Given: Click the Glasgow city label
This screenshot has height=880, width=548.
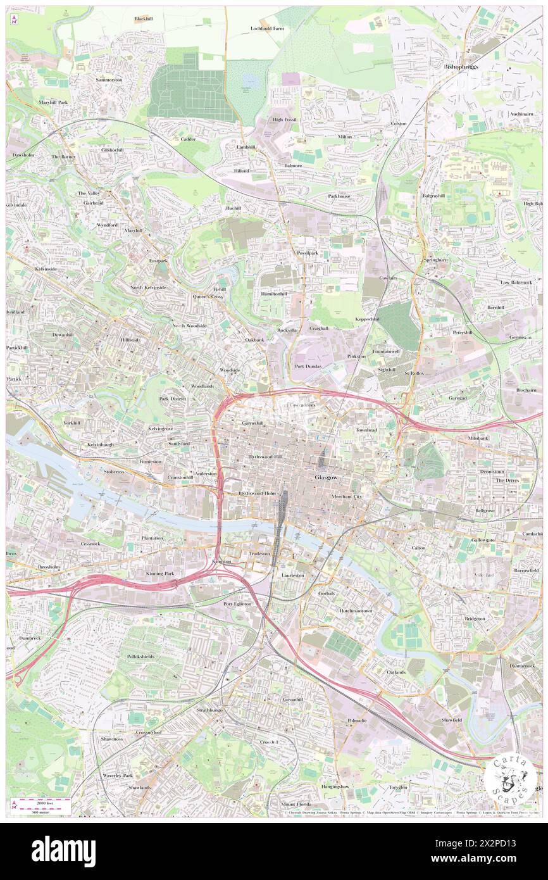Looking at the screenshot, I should pyautogui.click(x=327, y=477).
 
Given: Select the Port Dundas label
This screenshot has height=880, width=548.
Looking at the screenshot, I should pyautogui.click(x=309, y=366).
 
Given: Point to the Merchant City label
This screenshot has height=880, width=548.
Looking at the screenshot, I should pyautogui.click(x=346, y=497).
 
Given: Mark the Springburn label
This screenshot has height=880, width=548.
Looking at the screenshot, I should pyautogui.click(x=436, y=260).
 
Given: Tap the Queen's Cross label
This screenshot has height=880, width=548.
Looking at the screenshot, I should pyautogui.click(x=208, y=296).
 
